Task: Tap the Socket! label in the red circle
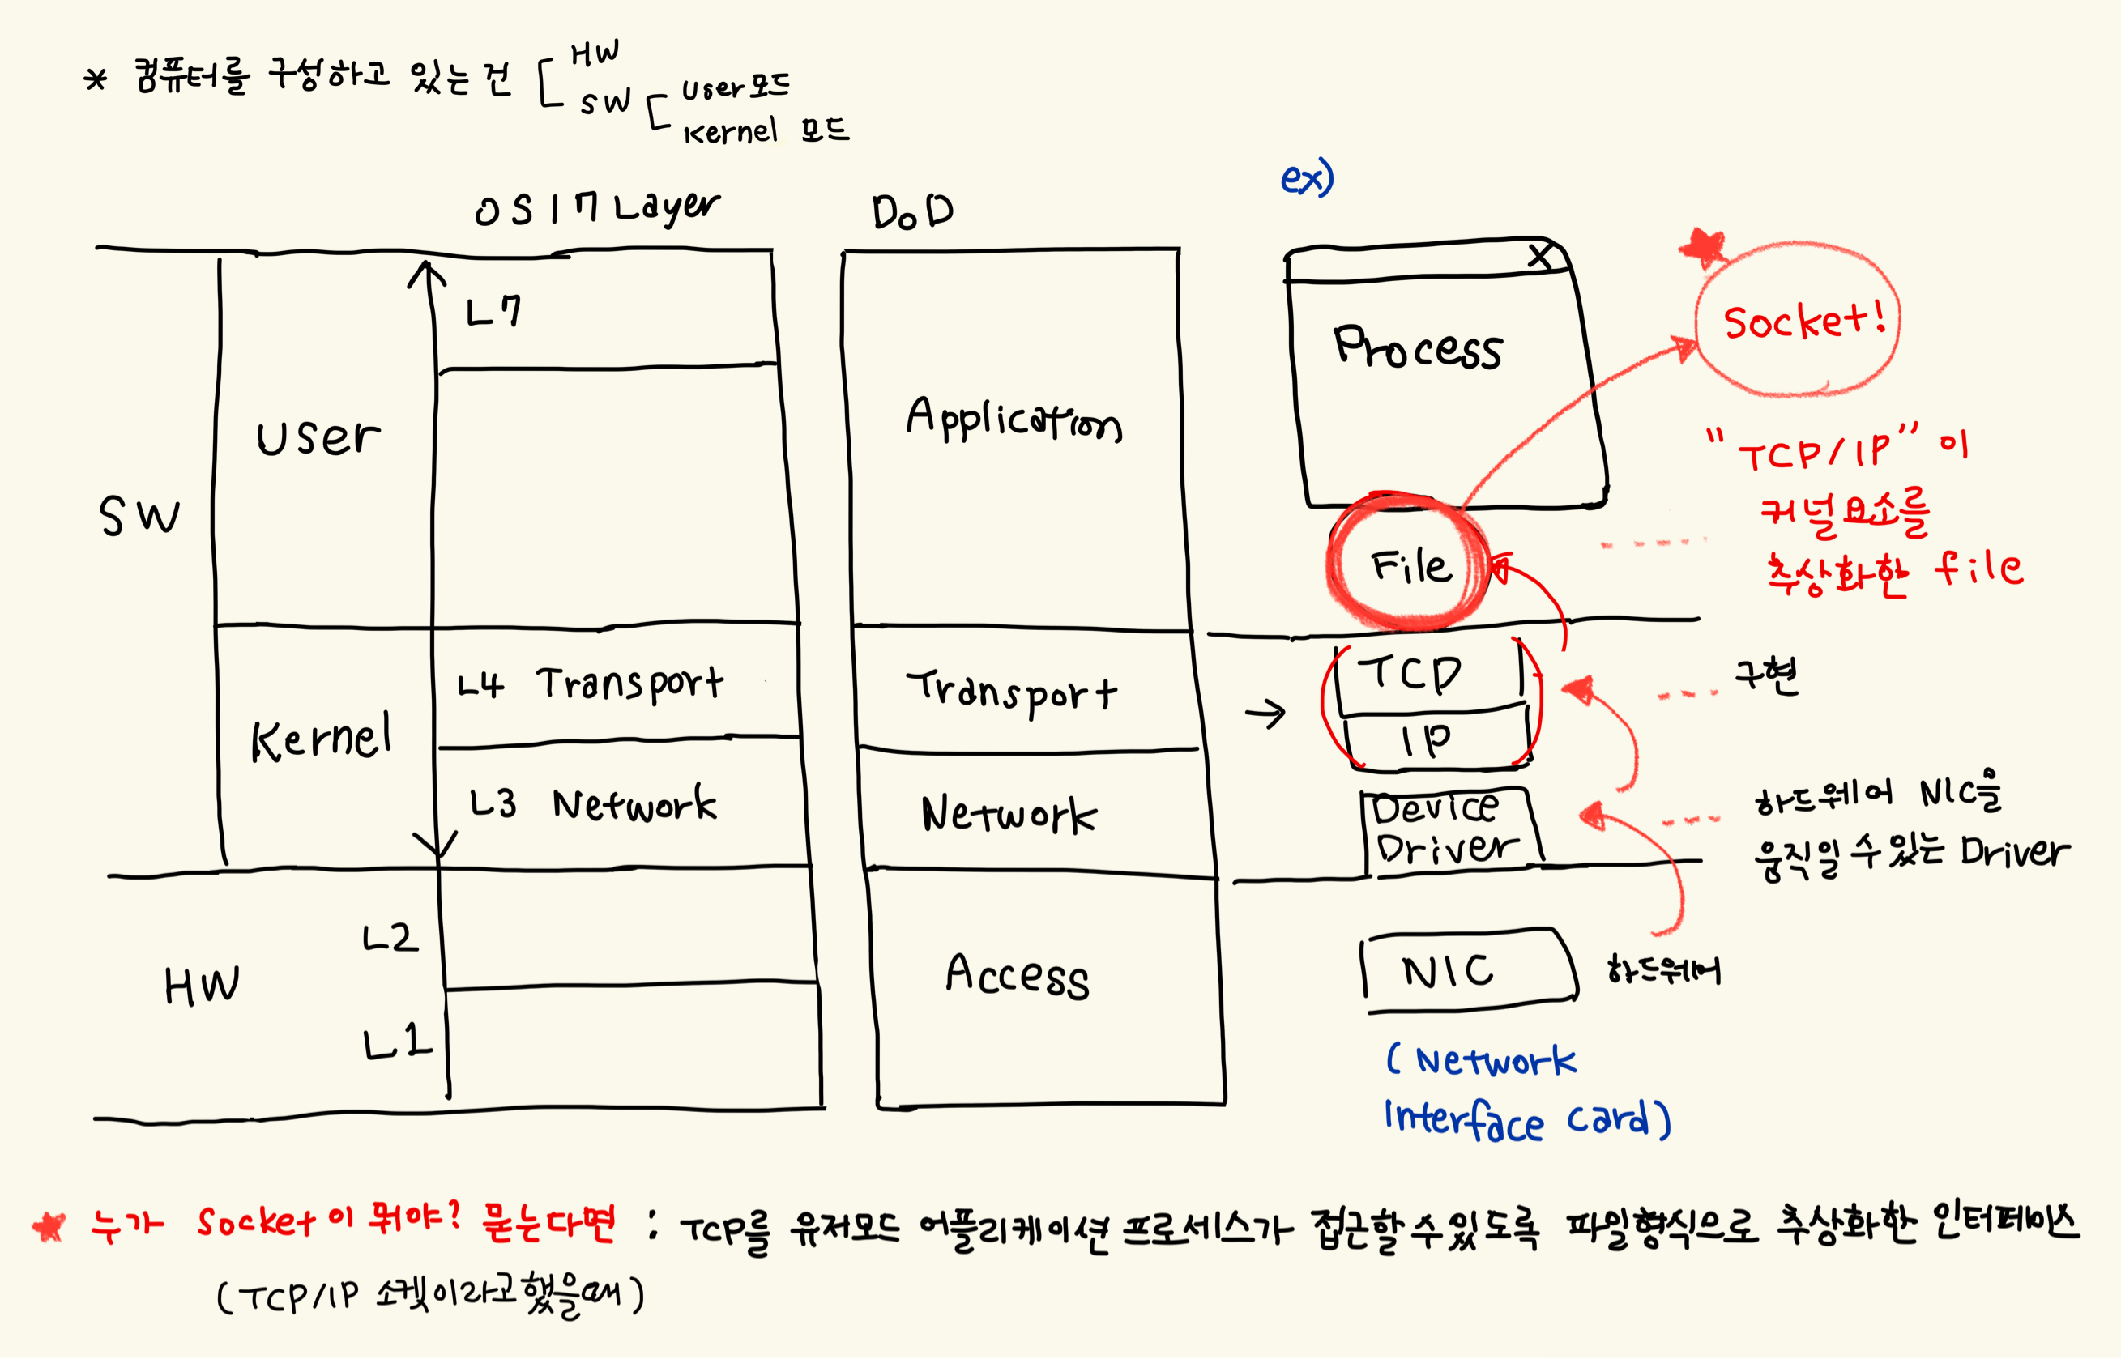pyautogui.click(x=1804, y=322)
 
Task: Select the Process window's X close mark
pyautogui.click(x=1540, y=257)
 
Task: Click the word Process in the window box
pyautogui.click(x=1418, y=347)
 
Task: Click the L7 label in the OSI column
pyautogui.click(x=493, y=311)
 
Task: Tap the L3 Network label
pyautogui.click(x=592, y=804)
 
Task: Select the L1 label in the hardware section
pyautogui.click(x=397, y=1043)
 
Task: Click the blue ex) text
pyautogui.click(x=1306, y=179)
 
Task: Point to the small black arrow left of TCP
pyautogui.click(x=1265, y=713)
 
